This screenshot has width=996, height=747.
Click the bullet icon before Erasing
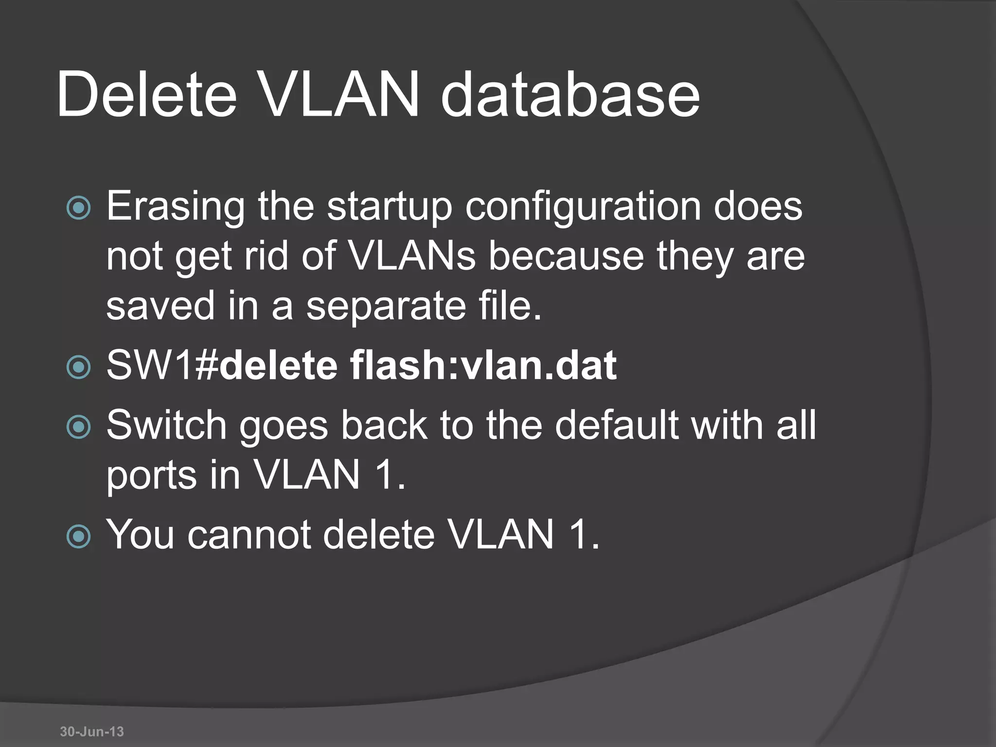pyautogui.click(x=78, y=208)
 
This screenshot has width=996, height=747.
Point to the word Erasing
pyautogui.click(x=176, y=207)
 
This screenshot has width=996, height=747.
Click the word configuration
pyautogui.click(x=583, y=207)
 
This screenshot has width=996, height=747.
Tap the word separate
pyautogui.click(x=386, y=306)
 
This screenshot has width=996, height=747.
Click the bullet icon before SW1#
pyautogui.click(x=78, y=367)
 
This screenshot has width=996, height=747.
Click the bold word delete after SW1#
pyautogui.click(x=279, y=366)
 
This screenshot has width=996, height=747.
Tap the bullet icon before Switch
pyautogui.click(x=78, y=427)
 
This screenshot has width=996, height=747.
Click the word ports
pyautogui.click(x=151, y=477)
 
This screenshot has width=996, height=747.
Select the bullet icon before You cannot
pyautogui.click(x=78, y=536)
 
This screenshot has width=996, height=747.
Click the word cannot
pyautogui.click(x=249, y=535)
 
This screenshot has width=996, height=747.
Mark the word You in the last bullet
pyautogui.click(x=140, y=535)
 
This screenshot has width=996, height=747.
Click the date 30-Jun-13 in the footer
pyautogui.click(x=92, y=731)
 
